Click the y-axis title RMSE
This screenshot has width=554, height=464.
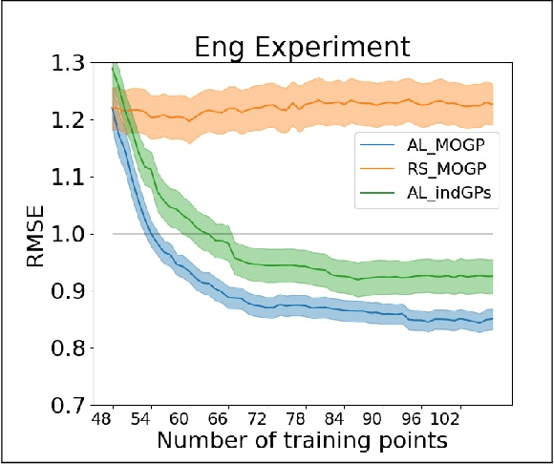[x=35, y=234]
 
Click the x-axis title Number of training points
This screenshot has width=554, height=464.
[x=302, y=441]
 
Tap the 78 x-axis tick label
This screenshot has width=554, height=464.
[x=295, y=419]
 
